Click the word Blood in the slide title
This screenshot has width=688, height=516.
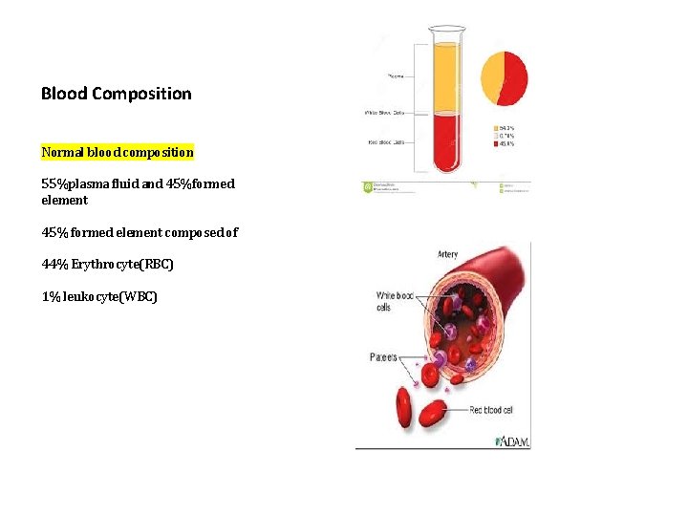pos(63,94)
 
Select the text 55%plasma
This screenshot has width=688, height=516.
pos(76,183)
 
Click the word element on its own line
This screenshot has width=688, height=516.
pos(64,201)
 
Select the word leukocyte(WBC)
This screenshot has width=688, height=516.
pos(112,297)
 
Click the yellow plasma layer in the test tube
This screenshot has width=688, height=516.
pos(446,76)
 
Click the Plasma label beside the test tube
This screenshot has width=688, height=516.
pos(395,75)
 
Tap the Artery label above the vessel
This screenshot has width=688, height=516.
pos(447,254)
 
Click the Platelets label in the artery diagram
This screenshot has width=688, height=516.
pos(384,357)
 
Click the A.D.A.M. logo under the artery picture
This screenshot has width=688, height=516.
pos(512,441)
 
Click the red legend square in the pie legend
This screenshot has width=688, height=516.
pos(495,144)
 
